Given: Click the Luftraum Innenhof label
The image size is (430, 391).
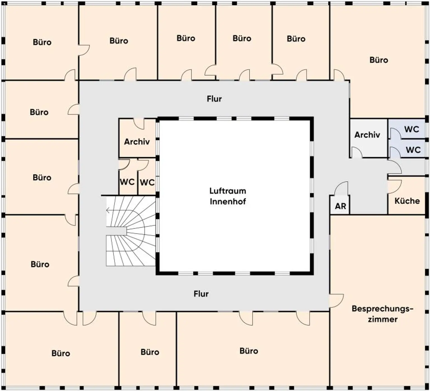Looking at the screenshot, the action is pos(228,196).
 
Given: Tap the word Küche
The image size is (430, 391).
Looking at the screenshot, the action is pos(407,201).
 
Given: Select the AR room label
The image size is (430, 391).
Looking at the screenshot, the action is pos(340,206).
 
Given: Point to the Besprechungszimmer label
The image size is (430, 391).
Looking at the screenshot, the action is pos(382,314).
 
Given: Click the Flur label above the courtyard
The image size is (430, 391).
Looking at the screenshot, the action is pos(214,99).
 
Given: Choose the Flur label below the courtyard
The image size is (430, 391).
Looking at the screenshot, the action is pos(201,294).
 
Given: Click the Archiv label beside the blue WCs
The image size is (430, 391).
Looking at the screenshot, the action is pos(367,135).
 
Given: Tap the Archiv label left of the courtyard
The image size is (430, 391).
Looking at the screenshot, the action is pos(137,142).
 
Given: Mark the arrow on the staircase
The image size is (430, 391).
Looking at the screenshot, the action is pos(116,210).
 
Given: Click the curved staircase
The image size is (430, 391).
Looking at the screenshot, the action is pos(131,231).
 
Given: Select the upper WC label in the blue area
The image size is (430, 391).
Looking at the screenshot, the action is pos(412,129).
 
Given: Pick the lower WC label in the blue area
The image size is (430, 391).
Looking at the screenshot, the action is pos(413,150).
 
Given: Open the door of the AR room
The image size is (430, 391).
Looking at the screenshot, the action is pos(342,188).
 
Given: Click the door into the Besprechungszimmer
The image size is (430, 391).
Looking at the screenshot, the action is pos(336,301).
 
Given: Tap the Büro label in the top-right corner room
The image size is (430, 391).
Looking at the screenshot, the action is pos(379,60).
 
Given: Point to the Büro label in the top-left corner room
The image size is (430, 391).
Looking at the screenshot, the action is pos(42,42).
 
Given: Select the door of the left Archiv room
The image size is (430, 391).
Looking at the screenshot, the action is pos(139,124).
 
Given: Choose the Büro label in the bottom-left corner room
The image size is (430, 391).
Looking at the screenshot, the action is pos(61,353).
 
